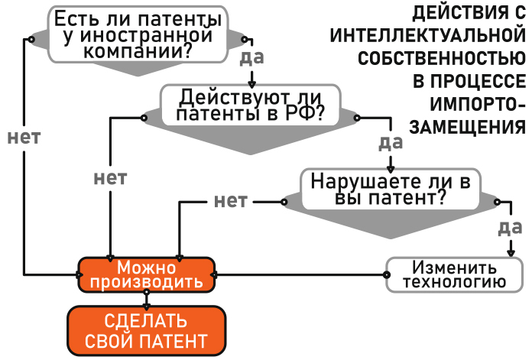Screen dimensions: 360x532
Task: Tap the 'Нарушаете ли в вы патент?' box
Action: pyautogui.click(x=390, y=189)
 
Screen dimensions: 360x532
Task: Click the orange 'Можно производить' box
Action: pyautogui.click(x=146, y=274)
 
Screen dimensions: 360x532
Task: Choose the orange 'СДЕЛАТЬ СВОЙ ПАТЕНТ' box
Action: pyautogui.click(x=146, y=329)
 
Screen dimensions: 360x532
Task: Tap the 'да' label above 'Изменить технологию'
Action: pyautogui.click(x=509, y=227)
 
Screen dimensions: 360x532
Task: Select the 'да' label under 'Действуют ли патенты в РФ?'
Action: pyautogui.click(x=391, y=142)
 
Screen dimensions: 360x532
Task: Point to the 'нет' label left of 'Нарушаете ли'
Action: pyautogui.click(x=231, y=201)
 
